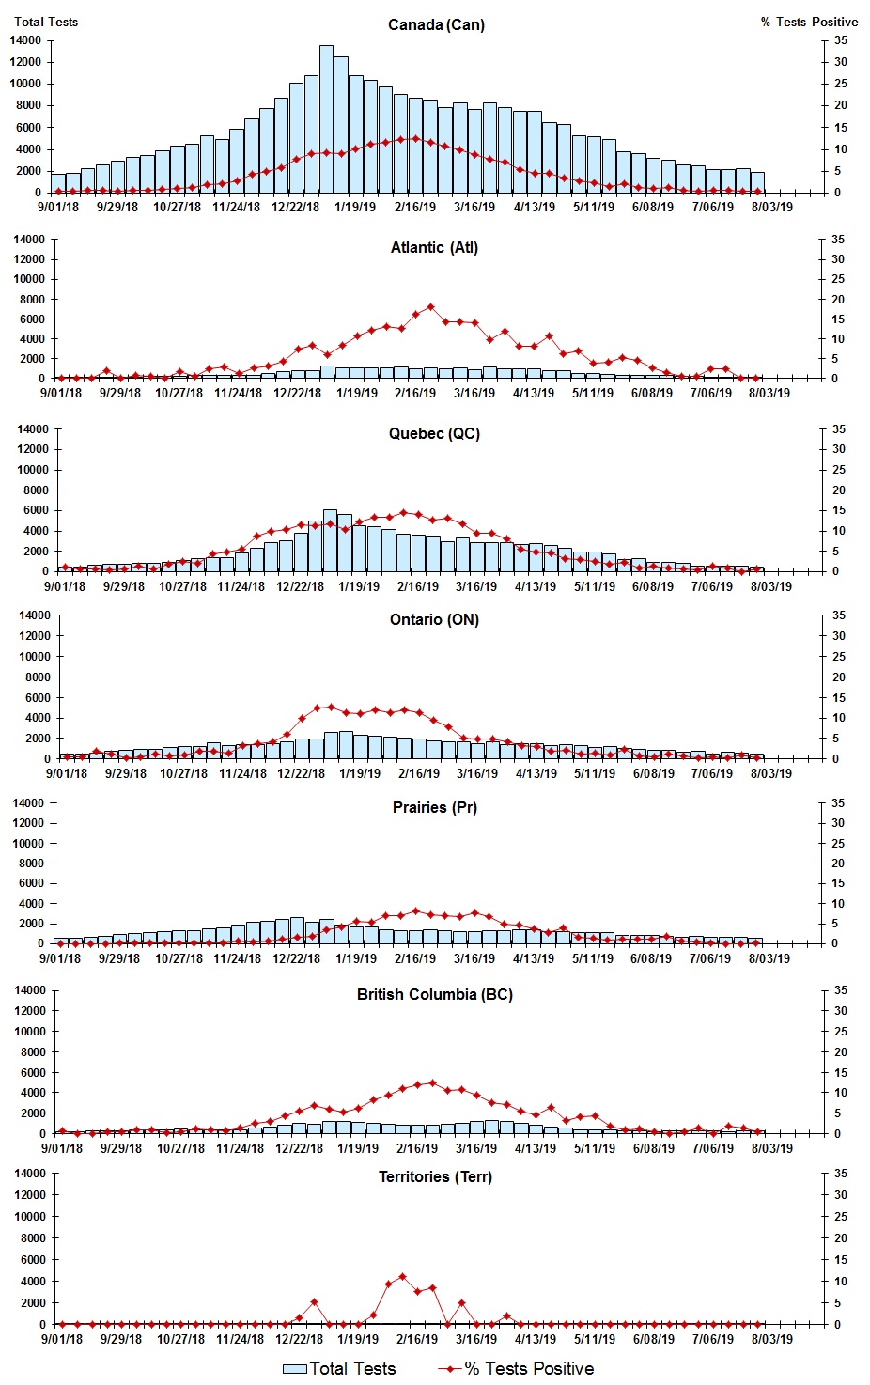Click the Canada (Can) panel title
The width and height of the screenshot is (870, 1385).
(x=436, y=24)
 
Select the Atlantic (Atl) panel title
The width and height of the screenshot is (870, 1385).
(x=434, y=247)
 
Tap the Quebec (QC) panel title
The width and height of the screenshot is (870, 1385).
(x=434, y=433)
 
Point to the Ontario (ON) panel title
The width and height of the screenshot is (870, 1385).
(x=434, y=619)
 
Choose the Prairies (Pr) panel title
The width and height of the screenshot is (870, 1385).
(x=434, y=807)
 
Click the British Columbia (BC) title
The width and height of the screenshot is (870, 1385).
(x=434, y=994)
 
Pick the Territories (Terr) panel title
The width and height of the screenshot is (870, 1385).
(x=434, y=1176)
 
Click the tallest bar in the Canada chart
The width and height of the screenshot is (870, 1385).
(x=326, y=118)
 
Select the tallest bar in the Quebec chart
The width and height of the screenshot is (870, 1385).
(x=330, y=540)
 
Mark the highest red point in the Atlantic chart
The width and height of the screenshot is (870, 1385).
(x=430, y=306)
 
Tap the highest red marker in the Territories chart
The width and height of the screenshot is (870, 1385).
(x=402, y=1276)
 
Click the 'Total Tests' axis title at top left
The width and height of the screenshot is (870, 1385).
(x=46, y=22)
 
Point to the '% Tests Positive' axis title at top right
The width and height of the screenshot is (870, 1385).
(x=809, y=22)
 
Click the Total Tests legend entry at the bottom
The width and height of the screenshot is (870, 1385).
(x=339, y=1368)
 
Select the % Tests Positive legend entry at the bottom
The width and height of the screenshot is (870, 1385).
(x=516, y=1368)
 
